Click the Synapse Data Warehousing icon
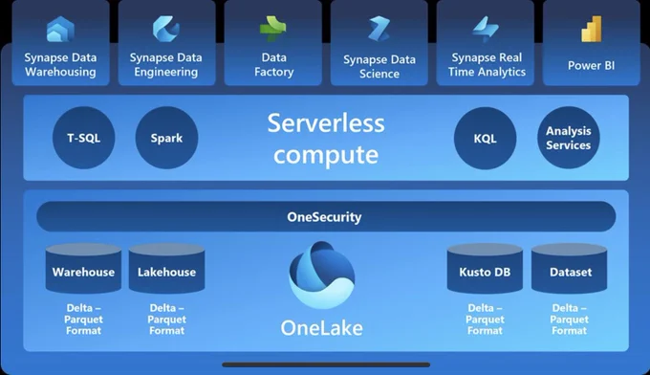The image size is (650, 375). tap(60, 29)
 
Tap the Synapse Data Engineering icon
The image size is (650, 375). tap(165, 29)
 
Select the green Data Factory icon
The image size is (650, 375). tap(272, 29)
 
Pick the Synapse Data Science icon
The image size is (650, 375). tap(379, 29)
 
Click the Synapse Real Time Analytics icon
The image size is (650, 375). tap(486, 30)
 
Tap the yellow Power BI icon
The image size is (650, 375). tap(592, 29)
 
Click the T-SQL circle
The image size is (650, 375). tap(84, 138)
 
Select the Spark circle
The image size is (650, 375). tap(166, 138)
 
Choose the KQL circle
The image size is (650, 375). tap(485, 138)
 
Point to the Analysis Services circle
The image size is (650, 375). tap(569, 138)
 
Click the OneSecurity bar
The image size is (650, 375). tap(326, 216)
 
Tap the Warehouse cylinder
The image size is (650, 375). tap(83, 269)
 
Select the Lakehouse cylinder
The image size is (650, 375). tap(166, 269)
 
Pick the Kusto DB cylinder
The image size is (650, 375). tap(485, 269)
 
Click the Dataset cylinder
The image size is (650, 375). tap(569, 269)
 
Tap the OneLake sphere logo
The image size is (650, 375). tap(322, 275)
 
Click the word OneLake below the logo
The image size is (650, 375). tap(322, 328)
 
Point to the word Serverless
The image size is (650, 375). tap(326, 123)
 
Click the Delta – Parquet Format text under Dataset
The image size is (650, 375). tap(569, 319)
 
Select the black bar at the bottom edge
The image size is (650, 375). tap(326, 364)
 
